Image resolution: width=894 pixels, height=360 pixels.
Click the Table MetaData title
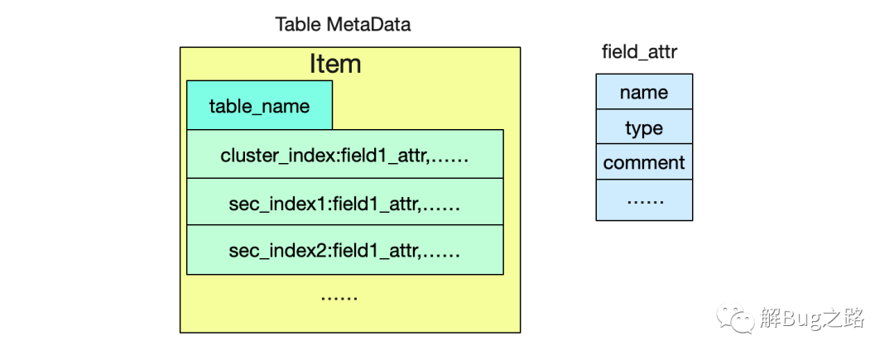point(343,25)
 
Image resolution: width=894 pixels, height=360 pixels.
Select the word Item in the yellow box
point(335,64)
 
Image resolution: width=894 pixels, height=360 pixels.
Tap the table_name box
point(259,105)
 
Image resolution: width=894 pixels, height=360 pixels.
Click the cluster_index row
point(345,154)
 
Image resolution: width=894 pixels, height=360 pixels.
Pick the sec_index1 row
point(345,202)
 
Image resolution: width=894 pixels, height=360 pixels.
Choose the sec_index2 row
point(345,249)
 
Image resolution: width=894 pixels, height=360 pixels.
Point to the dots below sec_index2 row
point(339,298)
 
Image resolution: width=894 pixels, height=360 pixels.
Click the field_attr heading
point(640,52)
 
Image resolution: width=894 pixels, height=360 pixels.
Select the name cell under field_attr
point(644,92)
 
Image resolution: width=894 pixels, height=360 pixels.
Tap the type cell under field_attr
point(644,127)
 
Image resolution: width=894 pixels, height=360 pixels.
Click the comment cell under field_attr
point(644,162)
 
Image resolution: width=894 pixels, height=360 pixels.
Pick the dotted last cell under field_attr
point(644,200)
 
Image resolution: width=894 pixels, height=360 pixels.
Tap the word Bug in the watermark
point(801,319)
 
